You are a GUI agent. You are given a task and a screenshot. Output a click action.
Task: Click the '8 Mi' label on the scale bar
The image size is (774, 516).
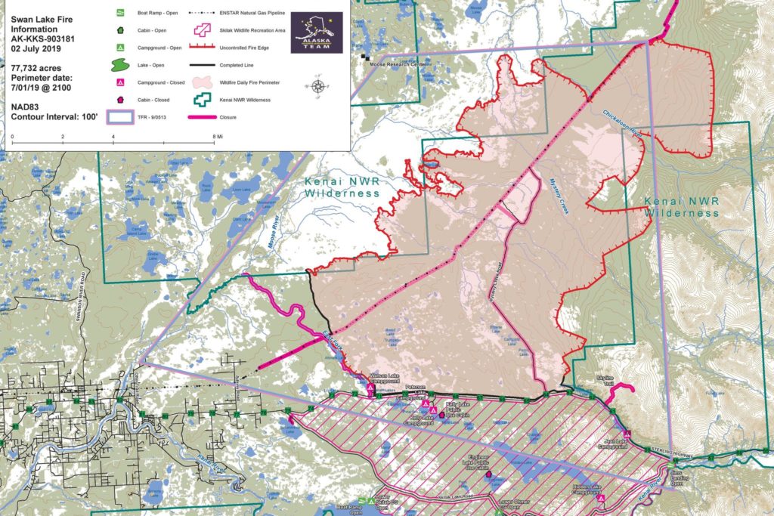tap(218, 137)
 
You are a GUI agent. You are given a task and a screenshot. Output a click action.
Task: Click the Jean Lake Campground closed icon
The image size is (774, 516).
tap(626, 434)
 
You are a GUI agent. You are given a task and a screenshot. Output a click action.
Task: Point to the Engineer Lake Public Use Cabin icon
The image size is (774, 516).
tap(491, 477)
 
